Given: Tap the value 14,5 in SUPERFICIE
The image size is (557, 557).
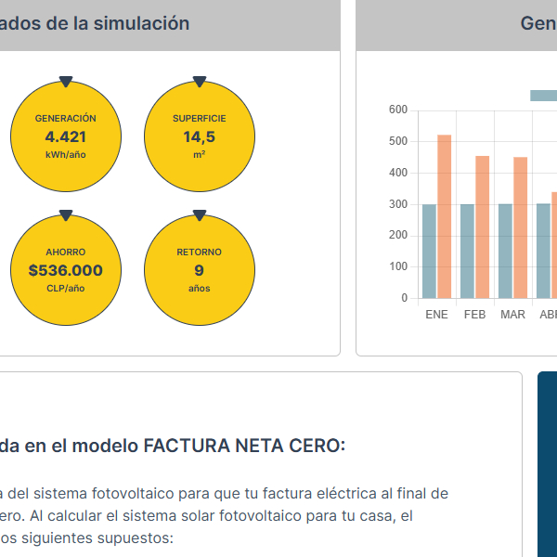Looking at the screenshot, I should click(199, 136).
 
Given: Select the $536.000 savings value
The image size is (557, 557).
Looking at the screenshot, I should click(65, 270).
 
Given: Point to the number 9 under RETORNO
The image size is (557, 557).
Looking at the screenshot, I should click(199, 270).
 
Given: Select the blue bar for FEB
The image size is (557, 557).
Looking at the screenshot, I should click(467, 251).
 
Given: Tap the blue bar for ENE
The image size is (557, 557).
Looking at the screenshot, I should click(429, 251).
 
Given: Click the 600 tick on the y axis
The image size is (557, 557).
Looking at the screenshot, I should click(398, 110).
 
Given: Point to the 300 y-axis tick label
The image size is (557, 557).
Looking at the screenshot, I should click(398, 204).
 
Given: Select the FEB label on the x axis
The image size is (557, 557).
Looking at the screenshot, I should click(474, 315).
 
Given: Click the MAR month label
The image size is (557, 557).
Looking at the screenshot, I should click(512, 315).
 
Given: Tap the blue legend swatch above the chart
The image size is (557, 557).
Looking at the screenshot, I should click(543, 95).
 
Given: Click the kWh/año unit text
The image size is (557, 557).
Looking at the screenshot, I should click(65, 154).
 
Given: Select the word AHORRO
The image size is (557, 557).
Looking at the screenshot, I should click(65, 252).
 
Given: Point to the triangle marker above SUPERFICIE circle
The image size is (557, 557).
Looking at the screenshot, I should click(199, 82).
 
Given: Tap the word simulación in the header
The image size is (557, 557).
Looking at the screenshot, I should click(143, 23).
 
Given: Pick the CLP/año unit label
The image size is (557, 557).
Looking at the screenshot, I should click(65, 289).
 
